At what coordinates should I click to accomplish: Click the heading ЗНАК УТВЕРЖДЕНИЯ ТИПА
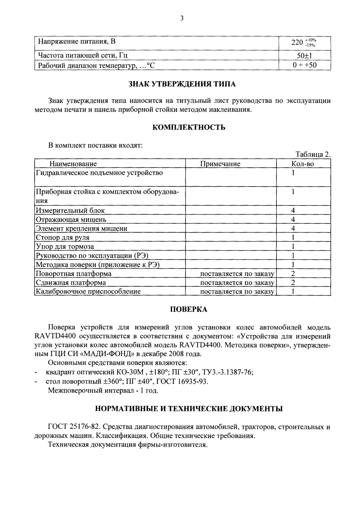[182, 84]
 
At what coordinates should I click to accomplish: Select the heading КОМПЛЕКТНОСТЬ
[189, 127]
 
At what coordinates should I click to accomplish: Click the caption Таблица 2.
[313, 154]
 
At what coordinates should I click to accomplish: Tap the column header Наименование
[73, 164]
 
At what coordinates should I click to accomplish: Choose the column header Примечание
[220, 164]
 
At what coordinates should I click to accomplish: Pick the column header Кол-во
[302, 164]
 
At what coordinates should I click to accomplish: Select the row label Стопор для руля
[63, 237]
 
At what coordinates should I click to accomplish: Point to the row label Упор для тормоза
[65, 247]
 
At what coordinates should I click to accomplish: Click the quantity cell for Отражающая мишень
[293, 219]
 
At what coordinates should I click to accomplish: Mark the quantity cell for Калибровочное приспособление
[293, 292]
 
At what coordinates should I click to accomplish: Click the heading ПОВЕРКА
[189, 309]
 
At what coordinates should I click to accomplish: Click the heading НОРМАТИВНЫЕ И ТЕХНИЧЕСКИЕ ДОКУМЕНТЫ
[189, 409]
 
